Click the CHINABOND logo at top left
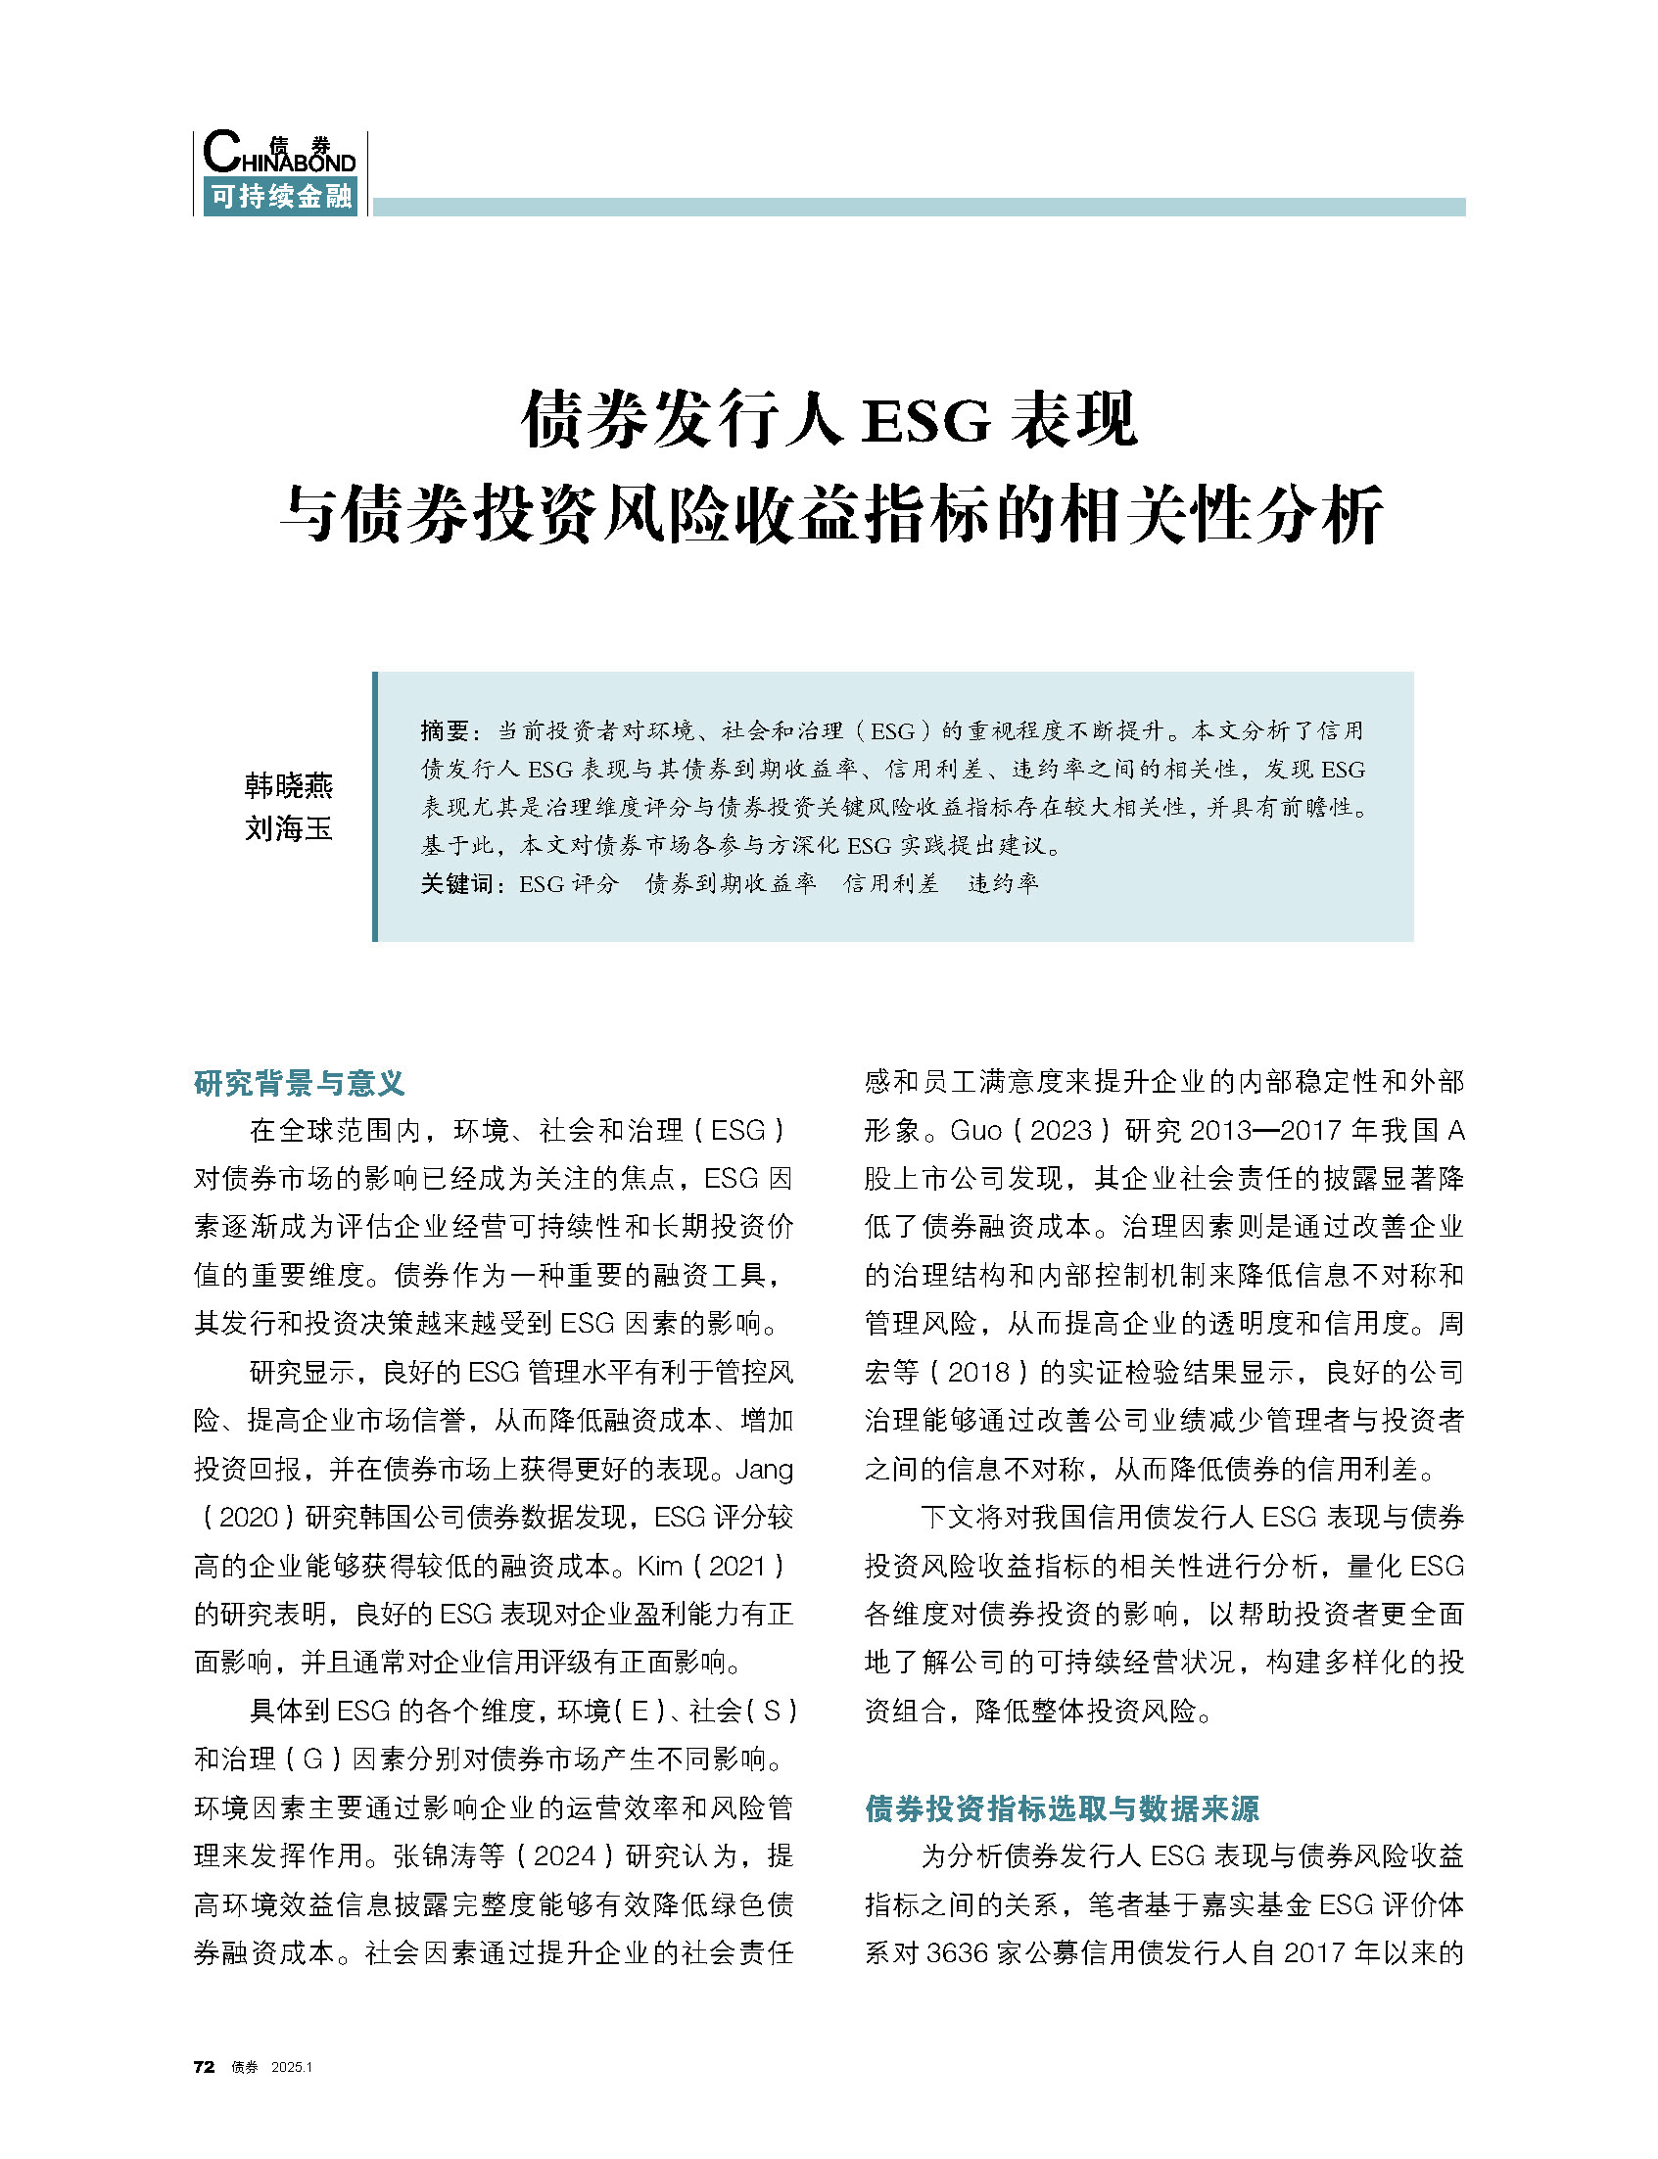click(278, 154)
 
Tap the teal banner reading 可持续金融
click(280, 197)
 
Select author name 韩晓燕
click(288, 785)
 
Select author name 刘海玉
click(288, 828)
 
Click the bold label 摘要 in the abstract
click(444, 731)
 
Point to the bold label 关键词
click(457, 884)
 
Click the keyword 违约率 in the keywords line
click(1003, 884)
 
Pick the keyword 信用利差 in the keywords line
click(890, 884)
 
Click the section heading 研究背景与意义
click(299, 1084)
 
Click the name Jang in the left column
click(764, 1470)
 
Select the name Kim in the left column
click(660, 1566)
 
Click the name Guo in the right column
click(975, 1131)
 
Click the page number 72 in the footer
click(204, 2067)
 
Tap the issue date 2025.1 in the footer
click(291, 2068)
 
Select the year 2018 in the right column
click(978, 1373)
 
